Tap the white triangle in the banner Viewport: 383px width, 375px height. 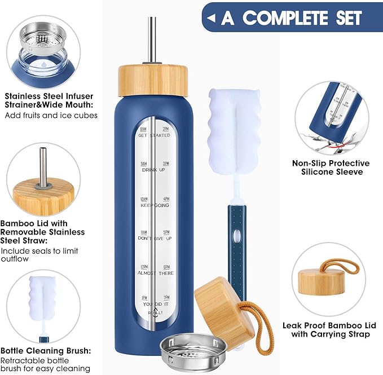coord(212,19)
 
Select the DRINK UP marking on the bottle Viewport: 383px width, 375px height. coord(154,169)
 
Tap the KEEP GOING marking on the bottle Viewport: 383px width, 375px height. coord(154,205)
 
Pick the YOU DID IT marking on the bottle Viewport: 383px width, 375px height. coord(154,303)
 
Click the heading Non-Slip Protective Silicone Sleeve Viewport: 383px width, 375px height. coord(331,167)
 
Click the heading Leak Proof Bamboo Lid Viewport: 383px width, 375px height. coord(327,329)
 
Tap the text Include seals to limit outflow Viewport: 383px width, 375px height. coord(39,255)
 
